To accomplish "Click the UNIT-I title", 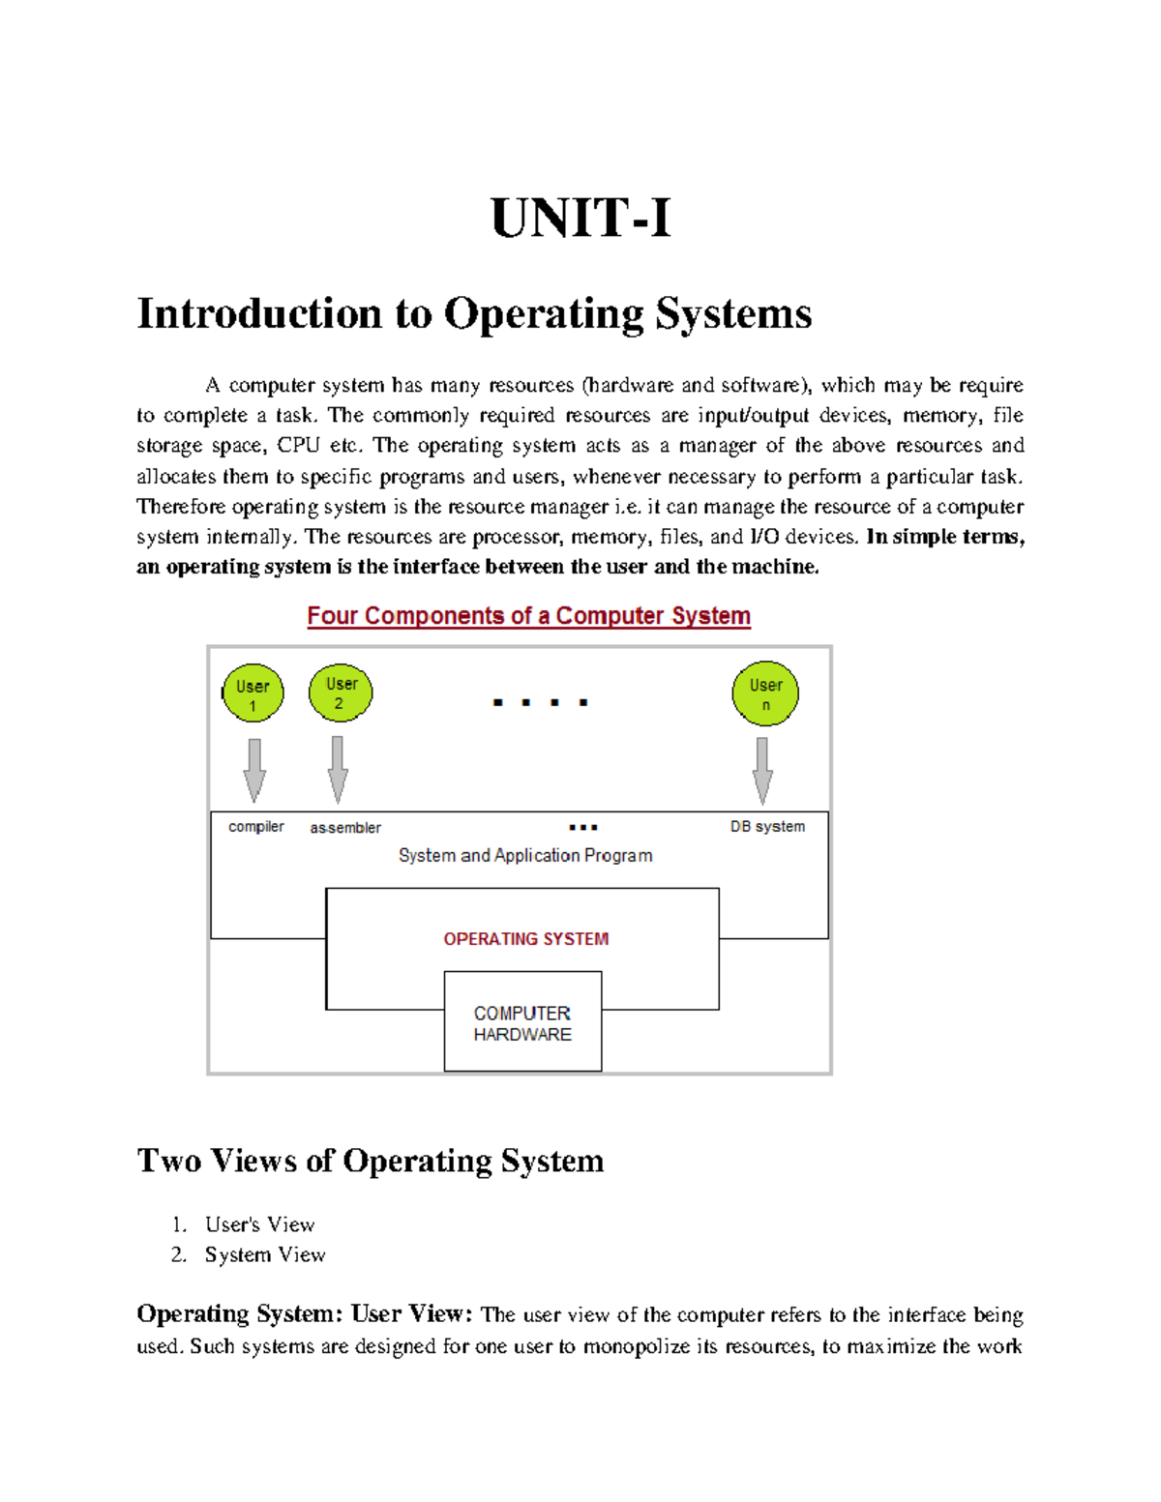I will [580, 218].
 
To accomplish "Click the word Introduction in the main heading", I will [259, 313].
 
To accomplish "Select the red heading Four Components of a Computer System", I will [528, 616].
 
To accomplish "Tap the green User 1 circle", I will [253, 693].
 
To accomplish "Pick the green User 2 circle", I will [341, 692].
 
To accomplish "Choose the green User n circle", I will [765, 693].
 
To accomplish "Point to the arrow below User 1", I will [254, 770].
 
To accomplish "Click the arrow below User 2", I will [338, 769].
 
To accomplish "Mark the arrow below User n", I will [762, 770].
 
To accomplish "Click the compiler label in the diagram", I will [256, 827].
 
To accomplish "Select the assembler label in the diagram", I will [345, 828].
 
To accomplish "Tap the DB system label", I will [767, 827].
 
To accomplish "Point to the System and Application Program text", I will [525, 856].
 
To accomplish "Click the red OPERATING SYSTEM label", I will [526, 939].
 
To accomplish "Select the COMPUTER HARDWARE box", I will [522, 1023].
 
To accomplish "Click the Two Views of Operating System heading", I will [371, 1161].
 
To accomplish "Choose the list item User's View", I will [259, 1224].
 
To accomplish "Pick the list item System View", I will [265, 1254].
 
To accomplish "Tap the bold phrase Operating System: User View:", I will [305, 1314].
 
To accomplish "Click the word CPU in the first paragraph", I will [298, 446].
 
